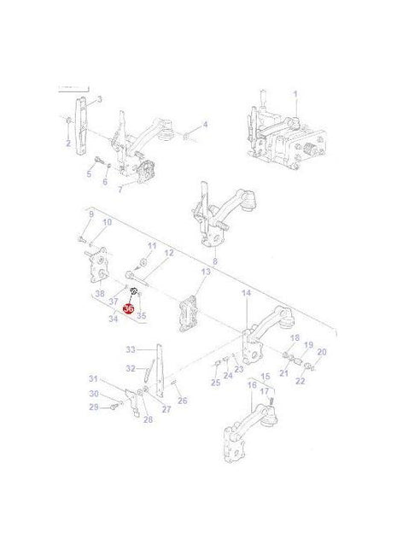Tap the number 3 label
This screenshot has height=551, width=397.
point(100,100)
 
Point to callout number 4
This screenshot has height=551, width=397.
point(205,125)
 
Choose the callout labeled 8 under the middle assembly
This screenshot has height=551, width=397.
point(214,261)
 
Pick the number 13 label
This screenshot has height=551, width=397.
point(205,272)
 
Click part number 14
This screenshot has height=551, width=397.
point(246,293)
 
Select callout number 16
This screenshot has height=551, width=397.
point(251,385)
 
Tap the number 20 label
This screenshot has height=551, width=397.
point(321,352)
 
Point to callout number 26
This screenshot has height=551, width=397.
point(182,401)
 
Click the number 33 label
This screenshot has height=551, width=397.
point(131,349)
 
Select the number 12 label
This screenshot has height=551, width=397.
point(168,253)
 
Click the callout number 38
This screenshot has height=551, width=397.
point(100,294)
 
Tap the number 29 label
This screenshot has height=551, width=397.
point(94,407)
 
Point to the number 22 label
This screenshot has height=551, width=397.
point(300,380)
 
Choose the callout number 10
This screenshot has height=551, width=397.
point(107,223)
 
